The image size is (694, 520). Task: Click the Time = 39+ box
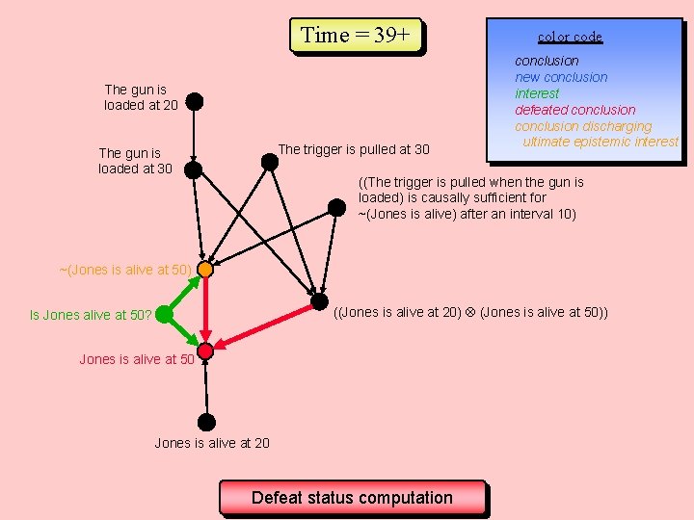tap(356, 36)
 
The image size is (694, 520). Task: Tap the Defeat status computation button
tap(352, 498)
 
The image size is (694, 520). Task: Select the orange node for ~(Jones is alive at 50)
tap(204, 270)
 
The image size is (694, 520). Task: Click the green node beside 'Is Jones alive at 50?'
tap(164, 314)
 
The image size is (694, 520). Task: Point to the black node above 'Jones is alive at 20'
tap(205, 422)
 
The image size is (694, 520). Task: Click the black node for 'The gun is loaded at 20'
tap(194, 100)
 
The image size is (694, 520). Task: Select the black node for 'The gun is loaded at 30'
tap(193, 169)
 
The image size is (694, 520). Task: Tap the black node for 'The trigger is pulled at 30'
tap(270, 162)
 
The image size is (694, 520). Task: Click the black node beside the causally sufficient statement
tap(336, 207)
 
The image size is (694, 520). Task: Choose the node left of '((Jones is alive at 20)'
tap(319, 301)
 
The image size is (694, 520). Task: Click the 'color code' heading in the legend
tap(570, 37)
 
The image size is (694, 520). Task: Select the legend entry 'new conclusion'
tap(561, 77)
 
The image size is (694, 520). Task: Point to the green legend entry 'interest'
tap(537, 93)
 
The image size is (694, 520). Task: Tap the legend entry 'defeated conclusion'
tap(574, 110)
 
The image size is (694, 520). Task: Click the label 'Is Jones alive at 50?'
tap(91, 315)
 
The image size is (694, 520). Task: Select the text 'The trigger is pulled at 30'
tap(354, 149)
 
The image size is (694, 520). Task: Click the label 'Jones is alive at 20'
tap(212, 443)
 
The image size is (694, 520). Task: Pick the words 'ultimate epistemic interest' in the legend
tap(601, 142)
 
